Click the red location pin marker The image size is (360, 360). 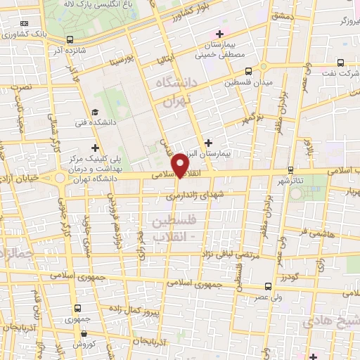182,165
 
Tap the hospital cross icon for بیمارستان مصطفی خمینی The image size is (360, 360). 220,34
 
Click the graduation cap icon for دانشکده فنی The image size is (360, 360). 95,112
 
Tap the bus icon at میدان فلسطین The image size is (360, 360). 248,72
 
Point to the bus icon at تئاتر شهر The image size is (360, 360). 290,169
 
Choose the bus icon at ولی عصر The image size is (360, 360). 268,286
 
